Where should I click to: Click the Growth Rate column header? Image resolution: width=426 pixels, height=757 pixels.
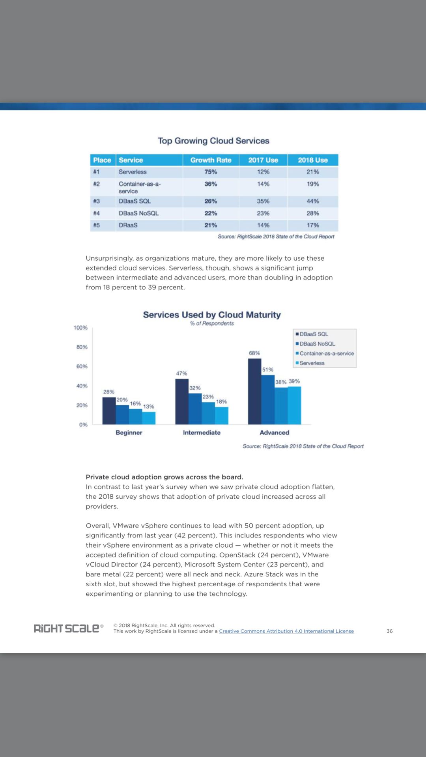pyautogui.click(x=211, y=160)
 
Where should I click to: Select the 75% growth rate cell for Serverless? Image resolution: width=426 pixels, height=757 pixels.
pyautogui.click(x=211, y=172)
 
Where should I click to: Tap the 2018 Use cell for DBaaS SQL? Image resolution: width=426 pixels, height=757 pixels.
pyautogui.click(x=313, y=201)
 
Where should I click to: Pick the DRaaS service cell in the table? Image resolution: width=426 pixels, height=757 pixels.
pyautogui.click(x=128, y=225)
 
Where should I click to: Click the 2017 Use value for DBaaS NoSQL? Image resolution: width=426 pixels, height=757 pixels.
pyautogui.click(x=263, y=213)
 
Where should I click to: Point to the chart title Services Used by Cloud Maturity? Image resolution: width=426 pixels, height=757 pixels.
pyautogui.click(x=212, y=315)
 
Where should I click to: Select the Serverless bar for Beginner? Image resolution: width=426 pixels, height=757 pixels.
pyautogui.click(x=149, y=418)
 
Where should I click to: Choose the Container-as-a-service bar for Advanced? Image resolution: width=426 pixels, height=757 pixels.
pyautogui.click(x=281, y=406)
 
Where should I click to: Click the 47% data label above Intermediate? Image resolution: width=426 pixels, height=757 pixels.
pyautogui.click(x=181, y=373)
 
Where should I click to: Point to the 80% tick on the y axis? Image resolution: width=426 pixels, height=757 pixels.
pyautogui.click(x=82, y=347)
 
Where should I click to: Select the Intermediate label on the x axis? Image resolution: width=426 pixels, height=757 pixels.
pyautogui.click(x=202, y=433)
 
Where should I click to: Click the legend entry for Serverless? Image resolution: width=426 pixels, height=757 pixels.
pyautogui.click(x=312, y=363)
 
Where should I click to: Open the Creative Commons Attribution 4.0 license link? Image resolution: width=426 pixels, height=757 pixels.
pyautogui.click(x=286, y=631)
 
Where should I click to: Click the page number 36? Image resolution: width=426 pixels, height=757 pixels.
pyautogui.click(x=389, y=631)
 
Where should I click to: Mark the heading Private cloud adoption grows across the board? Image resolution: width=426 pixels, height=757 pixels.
pyautogui.click(x=164, y=477)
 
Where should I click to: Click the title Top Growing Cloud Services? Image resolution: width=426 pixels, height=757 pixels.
pyautogui.click(x=213, y=141)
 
